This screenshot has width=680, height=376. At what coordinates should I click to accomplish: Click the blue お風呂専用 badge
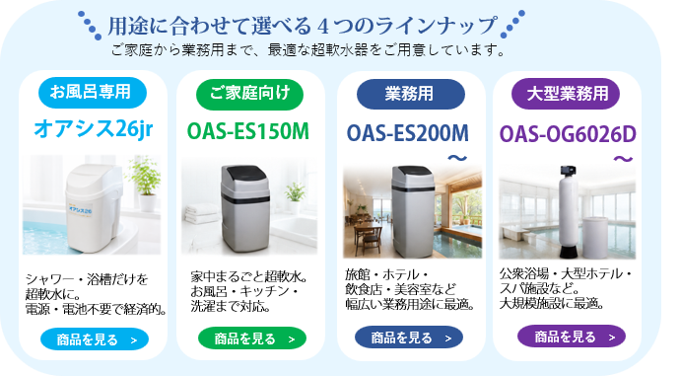93,93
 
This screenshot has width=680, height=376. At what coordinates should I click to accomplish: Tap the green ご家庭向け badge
249,94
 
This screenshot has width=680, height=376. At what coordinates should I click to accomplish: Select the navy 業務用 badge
410,94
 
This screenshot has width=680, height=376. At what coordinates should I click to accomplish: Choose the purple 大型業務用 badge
566,94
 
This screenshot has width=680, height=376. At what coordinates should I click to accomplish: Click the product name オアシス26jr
94,128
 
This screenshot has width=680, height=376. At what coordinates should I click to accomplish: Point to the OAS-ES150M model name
248,131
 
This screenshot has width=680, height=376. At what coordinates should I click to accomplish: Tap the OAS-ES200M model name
408,133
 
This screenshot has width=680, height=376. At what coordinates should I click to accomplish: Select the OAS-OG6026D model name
568,134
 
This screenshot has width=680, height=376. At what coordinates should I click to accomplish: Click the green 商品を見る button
252,338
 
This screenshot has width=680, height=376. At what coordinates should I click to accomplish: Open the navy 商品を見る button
409,338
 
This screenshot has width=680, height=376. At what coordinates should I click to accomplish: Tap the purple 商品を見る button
572,337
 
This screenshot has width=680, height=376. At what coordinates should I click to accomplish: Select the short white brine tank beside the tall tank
595,236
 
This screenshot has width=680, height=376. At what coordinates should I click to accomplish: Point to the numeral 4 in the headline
323,27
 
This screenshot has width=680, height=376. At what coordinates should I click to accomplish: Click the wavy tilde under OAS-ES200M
457,158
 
